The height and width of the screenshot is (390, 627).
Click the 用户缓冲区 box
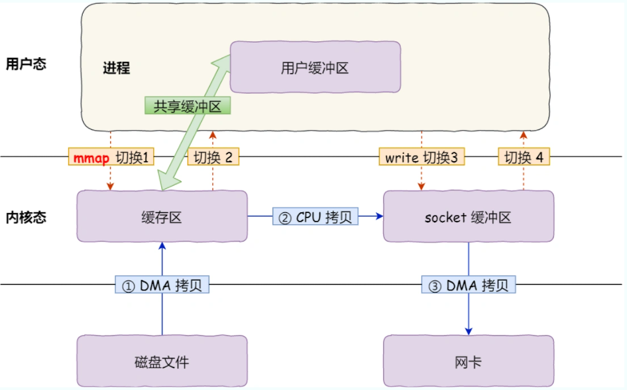(315, 68)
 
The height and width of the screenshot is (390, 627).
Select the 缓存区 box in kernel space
(162, 217)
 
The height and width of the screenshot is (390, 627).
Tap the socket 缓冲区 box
(469, 217)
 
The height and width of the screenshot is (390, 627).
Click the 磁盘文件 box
(162, 362)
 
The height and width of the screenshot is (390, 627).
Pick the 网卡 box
(469, 362)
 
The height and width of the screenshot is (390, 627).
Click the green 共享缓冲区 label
(188, 105)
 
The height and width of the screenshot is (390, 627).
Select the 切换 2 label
(213, 157)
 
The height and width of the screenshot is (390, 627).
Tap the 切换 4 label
(524, 157)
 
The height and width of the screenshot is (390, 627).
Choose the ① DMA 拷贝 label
(163, 285)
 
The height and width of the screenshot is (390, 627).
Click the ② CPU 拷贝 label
(315, 217)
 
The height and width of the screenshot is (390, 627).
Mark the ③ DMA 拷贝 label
(469, 285)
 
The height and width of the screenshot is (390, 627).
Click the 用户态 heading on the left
(26, 64)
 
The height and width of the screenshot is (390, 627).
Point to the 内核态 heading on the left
(26, 218)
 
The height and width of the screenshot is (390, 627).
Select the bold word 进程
(116, 68)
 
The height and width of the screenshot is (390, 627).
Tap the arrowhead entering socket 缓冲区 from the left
(380, 216)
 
